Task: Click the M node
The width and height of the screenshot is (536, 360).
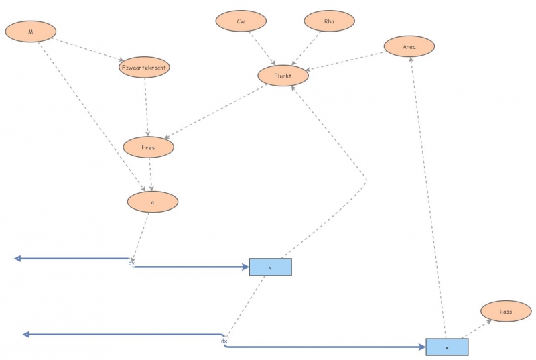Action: point(30,31)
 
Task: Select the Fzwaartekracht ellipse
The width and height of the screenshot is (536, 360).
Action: point(144,68)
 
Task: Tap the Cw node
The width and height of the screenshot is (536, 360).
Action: point(241,21)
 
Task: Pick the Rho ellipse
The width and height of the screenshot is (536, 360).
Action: point(329,21)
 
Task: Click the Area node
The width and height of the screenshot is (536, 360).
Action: point(409,46)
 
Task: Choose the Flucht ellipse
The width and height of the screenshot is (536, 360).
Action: point(283,76)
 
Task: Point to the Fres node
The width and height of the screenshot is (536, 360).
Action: point(149,146)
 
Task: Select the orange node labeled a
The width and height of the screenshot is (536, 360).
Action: point(153,202)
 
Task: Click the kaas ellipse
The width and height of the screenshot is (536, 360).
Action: point(506,312)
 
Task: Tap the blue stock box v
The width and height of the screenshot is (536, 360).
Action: point(271,267)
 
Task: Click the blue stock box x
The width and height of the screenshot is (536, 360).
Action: point(447,347)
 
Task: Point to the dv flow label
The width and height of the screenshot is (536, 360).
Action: point(131,263)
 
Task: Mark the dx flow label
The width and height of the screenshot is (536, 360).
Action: point(224,341)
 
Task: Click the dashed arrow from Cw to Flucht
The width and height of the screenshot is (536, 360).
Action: point(262,48)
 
